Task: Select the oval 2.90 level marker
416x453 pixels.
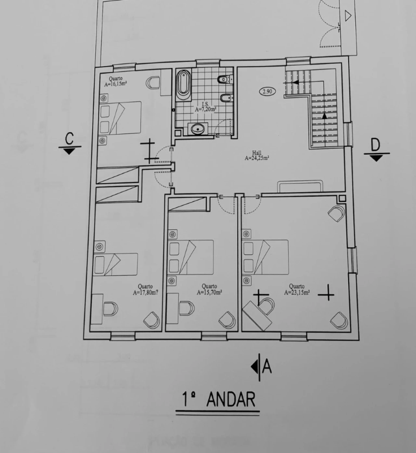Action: click(x=267, y=91)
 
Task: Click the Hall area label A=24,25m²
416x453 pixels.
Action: click(x=256, y=158)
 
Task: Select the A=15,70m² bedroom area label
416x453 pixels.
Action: click(x=209, y=292)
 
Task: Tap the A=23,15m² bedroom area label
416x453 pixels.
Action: click(x=296, y=292)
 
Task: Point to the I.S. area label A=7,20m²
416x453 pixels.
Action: click(x=205, y=110)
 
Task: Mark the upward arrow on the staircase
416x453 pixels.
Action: click(x=324, y=116)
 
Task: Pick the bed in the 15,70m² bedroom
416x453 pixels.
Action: click(x=191, y=257)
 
